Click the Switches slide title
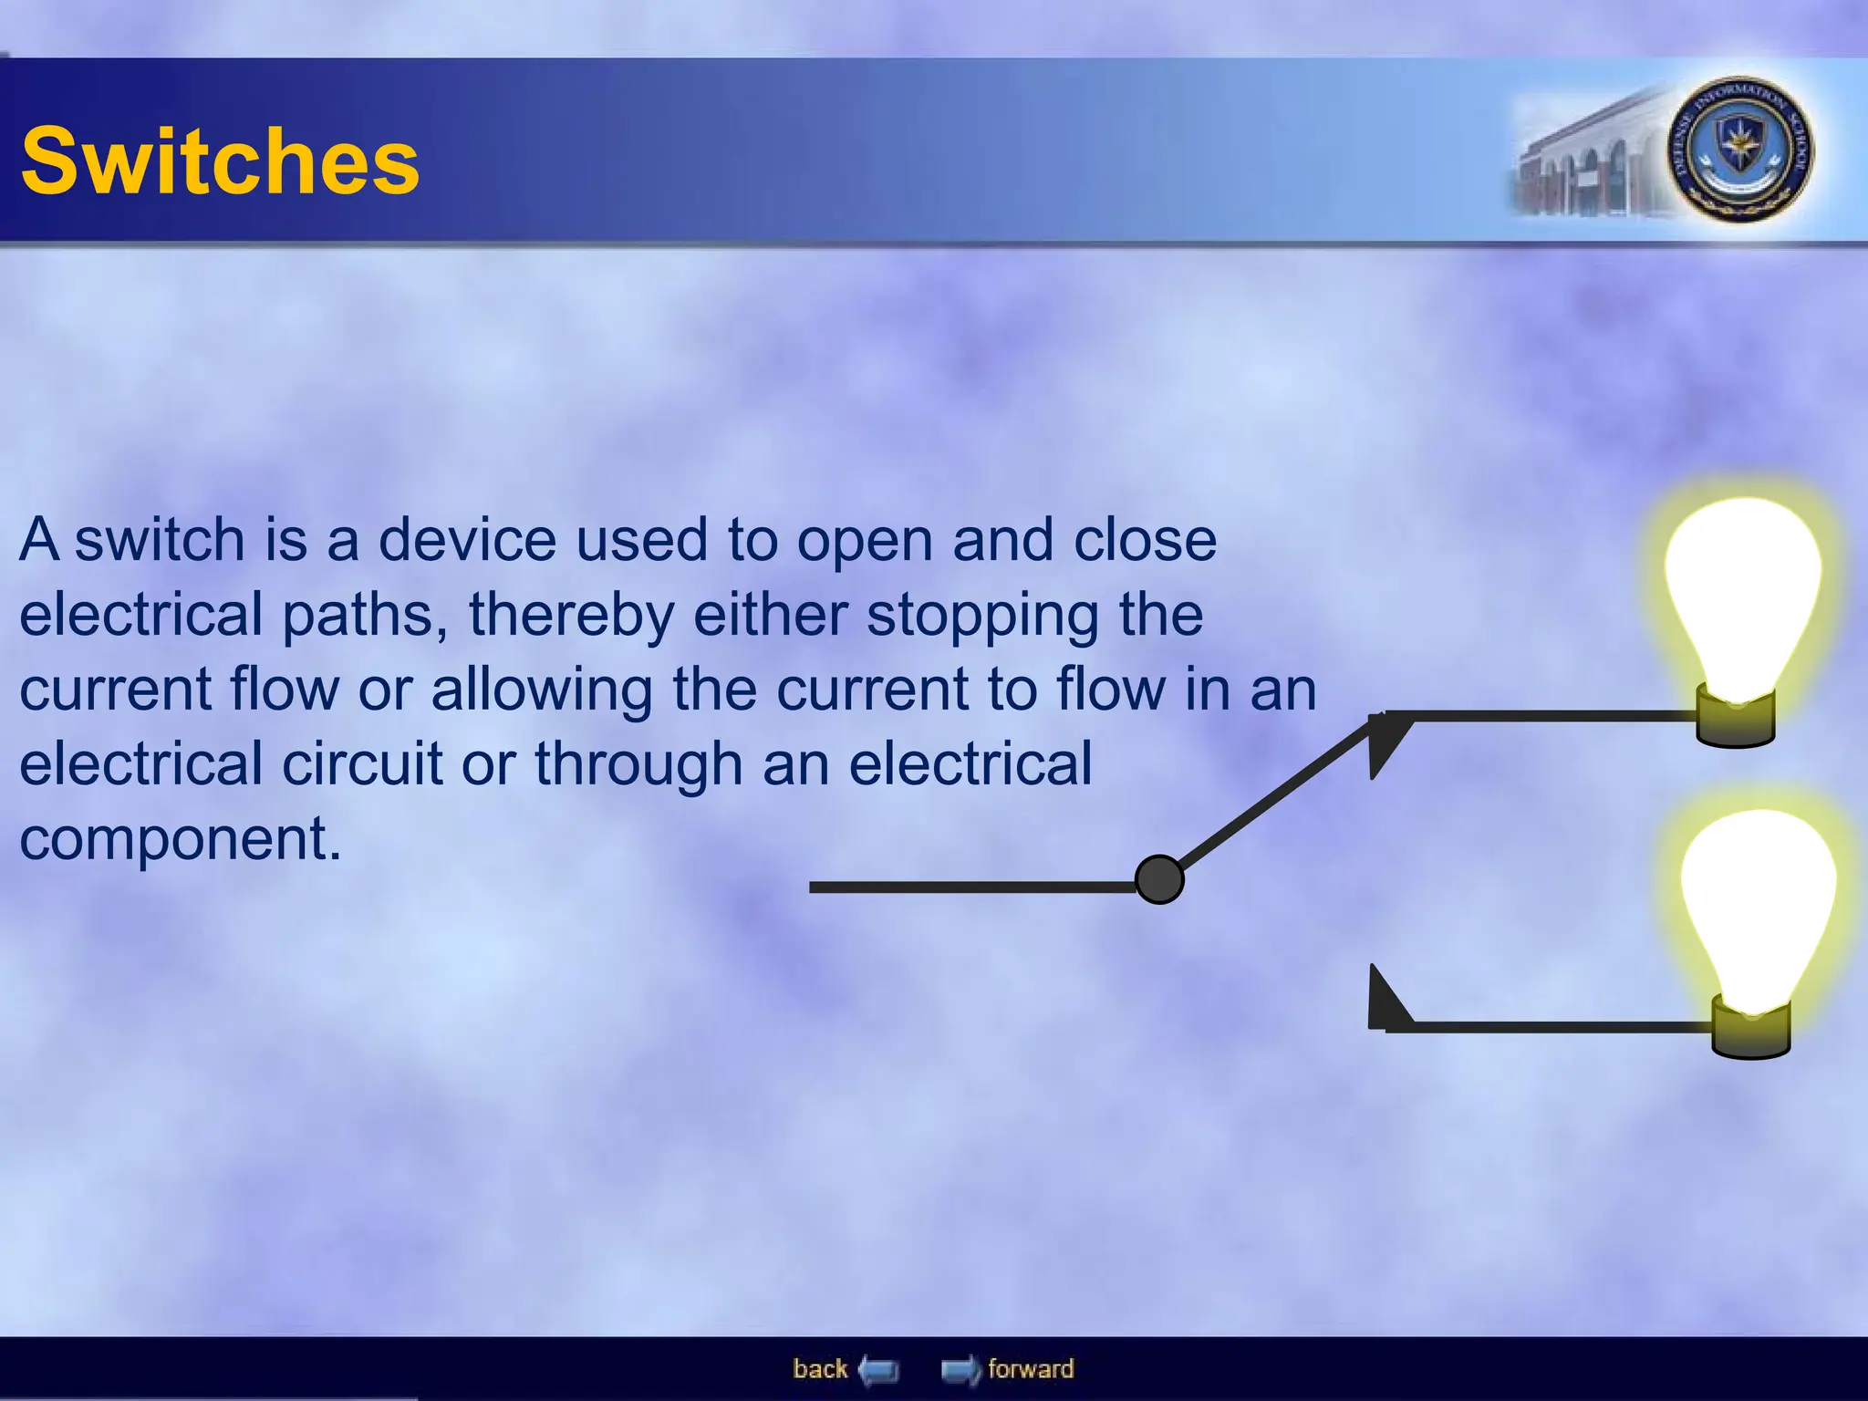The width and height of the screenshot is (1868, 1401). pyautogui.click(x=220, y=161)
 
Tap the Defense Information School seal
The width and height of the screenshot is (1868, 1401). pyautogui.click(x=1740, y=150)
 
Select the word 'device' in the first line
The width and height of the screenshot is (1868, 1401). pyautogui.click(x=466, y=540)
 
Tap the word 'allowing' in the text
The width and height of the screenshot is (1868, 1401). pyautogui.click(x=541, y=690)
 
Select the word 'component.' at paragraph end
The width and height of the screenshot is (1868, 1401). pyautogui.click(x=181, y=839)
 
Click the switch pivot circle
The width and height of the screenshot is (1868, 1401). pyautogui.click(x=1159, y=880)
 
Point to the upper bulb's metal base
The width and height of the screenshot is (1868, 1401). pyautogui.click(x=1735, y=721)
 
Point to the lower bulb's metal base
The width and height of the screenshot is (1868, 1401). pyautogui.click(x=1750, y=1032)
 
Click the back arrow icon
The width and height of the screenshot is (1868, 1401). pyautogui.click(x=878, y=1370)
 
